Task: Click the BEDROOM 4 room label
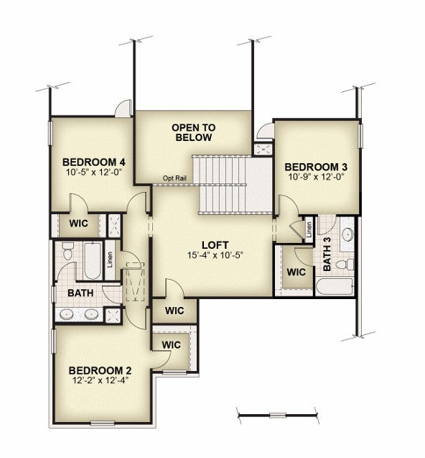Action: [x=94, y=162]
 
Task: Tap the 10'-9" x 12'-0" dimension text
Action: [x=317, y=177]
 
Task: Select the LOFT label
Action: [x=215, y=245]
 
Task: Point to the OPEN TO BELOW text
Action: [x=193, y=132]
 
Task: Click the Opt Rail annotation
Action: [x=174, y=178]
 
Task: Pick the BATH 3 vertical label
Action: [x=327, y=254]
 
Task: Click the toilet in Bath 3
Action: [x=345, y=265]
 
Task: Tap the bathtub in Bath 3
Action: [x=335, y=287]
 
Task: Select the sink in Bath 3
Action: [x=347, y=234]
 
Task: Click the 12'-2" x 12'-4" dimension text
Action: [x=100, y=380]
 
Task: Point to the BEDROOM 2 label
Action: [x=100, y=370]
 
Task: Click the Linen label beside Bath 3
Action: [x=309, y=229]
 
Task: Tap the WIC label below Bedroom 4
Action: [x=78, y=224]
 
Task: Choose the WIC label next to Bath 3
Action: [x=296, y=272]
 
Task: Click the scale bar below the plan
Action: [x=278, y=415]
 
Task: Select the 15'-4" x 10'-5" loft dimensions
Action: [x=215, y=255]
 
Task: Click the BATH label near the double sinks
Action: [x=80, y=293]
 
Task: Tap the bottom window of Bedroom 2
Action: [x=102, y=423]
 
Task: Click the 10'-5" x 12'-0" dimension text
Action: [x=93, y=171]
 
